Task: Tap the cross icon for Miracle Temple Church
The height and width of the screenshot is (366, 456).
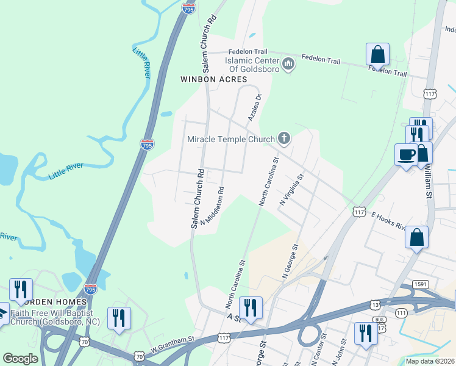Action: click(283, 139)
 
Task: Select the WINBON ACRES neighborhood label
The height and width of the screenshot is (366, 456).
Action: click(213, 79)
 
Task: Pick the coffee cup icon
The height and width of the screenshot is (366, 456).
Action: click(405, 154)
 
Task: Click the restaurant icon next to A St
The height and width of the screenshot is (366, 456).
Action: click(251, 307)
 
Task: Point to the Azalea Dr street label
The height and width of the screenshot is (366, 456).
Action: click(254, 107)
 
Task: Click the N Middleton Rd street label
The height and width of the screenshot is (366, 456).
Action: click(211, 205)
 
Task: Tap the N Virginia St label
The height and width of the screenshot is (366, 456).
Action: click(291, 190)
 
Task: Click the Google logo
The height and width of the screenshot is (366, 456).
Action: click(20, 359)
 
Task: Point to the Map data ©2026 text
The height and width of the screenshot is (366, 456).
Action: click(430, 361)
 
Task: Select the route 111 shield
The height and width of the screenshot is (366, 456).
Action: click(401, 312)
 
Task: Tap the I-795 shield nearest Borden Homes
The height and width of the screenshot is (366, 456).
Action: click(90, 288)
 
